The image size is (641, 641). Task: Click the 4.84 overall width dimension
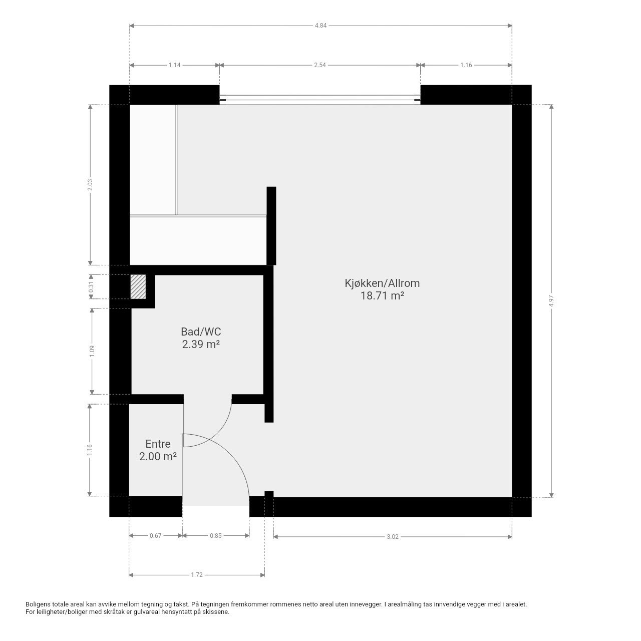click(x=320, y=26)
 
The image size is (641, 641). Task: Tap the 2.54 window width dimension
click(x=320, y=65)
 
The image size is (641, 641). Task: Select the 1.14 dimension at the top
click(x=174, y=65)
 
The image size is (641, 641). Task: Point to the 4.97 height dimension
click(x=551, y=300)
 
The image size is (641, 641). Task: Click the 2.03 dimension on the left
click(x=90, y=185)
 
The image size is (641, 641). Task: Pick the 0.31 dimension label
click(x=91, y=287)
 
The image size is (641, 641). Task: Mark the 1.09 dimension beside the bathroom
click(x=92, y=351)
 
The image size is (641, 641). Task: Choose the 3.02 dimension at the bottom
click(x=393, y=537)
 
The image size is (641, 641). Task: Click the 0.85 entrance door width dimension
click(x=215, y=536)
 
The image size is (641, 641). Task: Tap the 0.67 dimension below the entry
click(x=155, y=536)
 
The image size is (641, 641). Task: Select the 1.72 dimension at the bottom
click(x=196, y=575)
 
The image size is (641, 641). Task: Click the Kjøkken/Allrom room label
click(x=382, y=283)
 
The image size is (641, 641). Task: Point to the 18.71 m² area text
click(x=382, y=295)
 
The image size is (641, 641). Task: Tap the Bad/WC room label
click(x=201, y=332)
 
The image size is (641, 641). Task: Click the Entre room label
click(x=158, y=444)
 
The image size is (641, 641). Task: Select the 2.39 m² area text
click(x=201, y=344)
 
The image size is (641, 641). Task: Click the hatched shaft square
click(x=138, y=287)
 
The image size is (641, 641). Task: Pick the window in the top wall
click(x=320, y=100)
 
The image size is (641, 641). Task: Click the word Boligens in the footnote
click(x=39, y=604)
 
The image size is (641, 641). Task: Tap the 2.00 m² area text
click(x=158, y=456)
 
